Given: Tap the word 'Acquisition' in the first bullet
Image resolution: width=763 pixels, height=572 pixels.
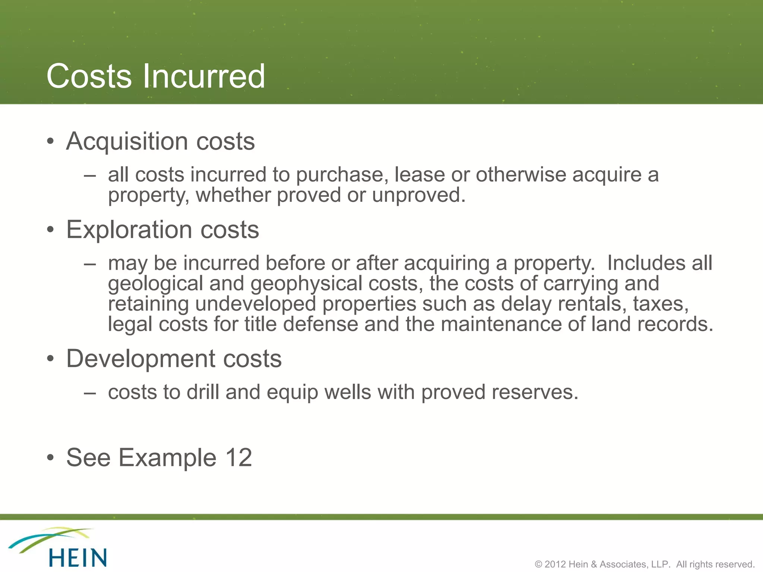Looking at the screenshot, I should click(127, 142).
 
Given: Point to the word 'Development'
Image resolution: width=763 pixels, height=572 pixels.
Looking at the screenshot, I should click(141, 359).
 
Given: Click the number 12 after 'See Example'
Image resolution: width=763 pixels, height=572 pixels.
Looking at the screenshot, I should click(238, 458).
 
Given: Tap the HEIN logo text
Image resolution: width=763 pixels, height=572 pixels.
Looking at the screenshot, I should click(77, 558).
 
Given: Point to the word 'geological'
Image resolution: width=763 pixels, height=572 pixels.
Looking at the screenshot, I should click(155, 284).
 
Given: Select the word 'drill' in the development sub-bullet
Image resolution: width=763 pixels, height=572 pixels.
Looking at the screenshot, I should click(203, 392).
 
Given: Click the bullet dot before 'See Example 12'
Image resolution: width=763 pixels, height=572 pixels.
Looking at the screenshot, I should click(51, 458).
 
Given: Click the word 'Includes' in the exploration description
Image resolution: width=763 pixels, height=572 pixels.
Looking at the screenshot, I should click(646, 263).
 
